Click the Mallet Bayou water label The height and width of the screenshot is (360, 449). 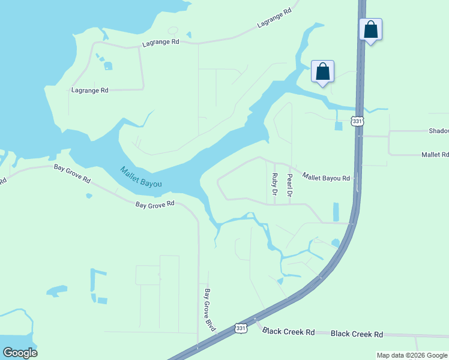[141, 177]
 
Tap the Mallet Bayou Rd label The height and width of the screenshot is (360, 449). [326, 177]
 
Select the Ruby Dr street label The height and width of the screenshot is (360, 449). [274, 185]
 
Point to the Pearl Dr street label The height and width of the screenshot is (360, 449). [289, 185]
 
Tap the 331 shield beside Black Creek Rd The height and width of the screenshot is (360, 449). [241, 328]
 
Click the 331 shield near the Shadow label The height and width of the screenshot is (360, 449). [358, 121]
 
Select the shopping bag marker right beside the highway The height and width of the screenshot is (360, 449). [371, 29]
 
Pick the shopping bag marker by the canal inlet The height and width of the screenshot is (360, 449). [323, 71]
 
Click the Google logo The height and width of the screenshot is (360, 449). [20, 353]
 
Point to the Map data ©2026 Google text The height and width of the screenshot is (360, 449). [412, 355]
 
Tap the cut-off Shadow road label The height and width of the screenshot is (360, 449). [439, 131]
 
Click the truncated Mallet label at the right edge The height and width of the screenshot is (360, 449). [435, 155]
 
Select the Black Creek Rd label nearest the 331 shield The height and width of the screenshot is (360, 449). [289, 332]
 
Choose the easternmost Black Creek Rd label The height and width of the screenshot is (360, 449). [357, 334]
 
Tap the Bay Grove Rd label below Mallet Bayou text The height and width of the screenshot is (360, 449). [154, 204]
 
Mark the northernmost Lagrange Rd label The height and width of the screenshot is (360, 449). [274, 19]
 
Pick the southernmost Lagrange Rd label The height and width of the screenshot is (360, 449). [89, 90]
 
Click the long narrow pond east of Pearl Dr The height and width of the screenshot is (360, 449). [336, 211]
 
